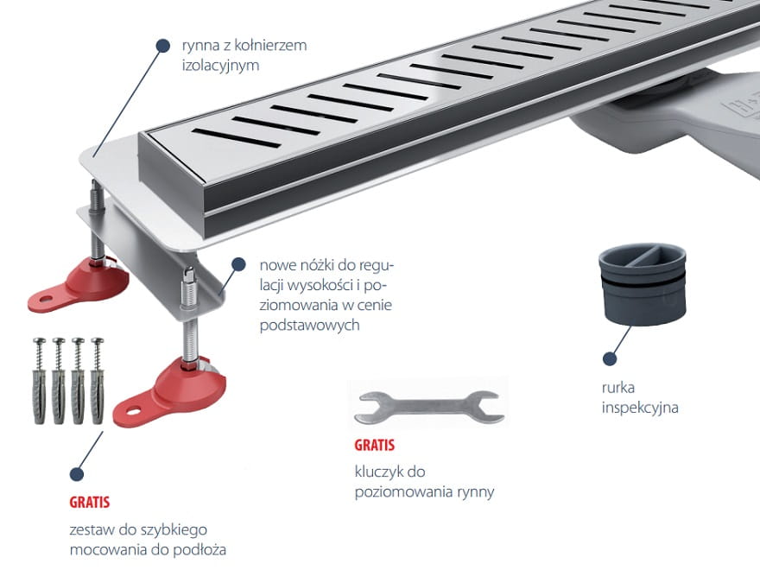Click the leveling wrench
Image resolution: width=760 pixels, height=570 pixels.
point(428,407)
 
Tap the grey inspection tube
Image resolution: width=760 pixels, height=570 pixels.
point(643,283)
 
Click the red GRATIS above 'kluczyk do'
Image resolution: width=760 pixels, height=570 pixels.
point(374,445)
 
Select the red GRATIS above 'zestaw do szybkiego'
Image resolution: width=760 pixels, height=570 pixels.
point(90,502)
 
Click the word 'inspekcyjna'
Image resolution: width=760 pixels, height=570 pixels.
point(640,408)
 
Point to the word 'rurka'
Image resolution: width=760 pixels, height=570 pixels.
point(618,387)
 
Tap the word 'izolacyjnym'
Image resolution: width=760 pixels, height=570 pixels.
point(220,65)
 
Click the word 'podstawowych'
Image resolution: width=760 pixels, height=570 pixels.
point(310,325)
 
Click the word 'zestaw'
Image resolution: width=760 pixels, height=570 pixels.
point(92,529)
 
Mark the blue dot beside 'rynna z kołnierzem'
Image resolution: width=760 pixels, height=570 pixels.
point(163,46)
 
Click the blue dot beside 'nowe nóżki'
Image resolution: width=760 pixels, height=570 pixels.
point(238,264)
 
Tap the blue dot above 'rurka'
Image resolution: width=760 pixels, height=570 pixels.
point(610,358)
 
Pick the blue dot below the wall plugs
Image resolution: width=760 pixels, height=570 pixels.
point(77,474)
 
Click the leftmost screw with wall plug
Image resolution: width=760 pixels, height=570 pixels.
point(39,381)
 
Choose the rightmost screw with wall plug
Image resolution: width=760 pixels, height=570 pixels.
point(98,381)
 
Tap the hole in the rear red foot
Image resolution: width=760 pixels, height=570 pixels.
point(46,299)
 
